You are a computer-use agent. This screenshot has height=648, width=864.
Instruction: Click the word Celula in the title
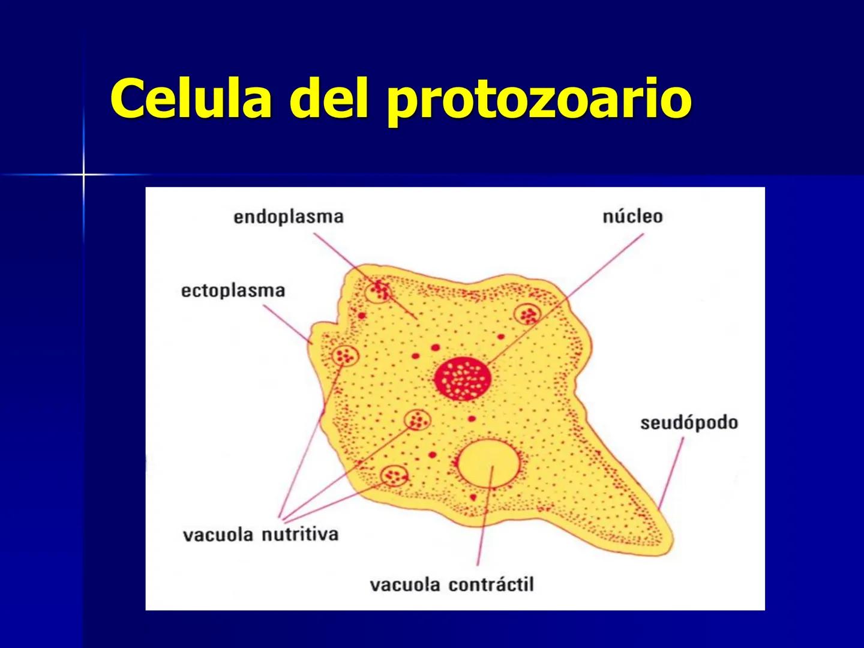(x=191, y=98)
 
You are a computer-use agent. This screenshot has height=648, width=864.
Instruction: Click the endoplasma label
(x=288, y=217)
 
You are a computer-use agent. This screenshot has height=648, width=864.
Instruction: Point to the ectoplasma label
(x=233, y=291)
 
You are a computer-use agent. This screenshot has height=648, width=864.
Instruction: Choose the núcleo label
(x=632, y=216)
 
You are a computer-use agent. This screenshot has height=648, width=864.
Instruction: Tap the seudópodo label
(x=689, y=423)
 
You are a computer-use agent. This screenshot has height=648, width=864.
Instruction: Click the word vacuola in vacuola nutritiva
(x=218, y=535)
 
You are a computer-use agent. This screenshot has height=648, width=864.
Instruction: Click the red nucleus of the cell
(x=463, y=379)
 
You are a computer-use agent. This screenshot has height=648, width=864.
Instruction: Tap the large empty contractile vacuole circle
(x=489, y=463)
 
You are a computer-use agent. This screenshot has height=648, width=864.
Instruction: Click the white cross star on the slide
(x=84, y=175)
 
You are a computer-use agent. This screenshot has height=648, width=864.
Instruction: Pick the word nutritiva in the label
(x=300, y=535)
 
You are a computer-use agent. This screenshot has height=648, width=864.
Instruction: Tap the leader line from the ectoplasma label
(x=287, y=324)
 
